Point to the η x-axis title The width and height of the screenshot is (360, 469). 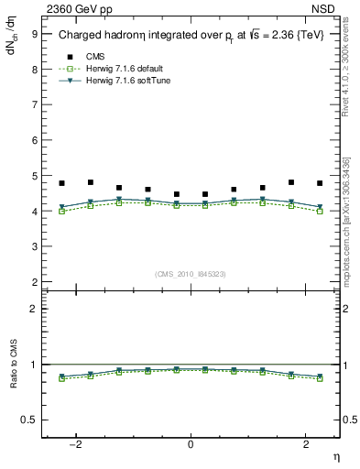pyautogui.click(x=334, y=455)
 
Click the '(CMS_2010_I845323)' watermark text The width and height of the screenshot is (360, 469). pyautogui.click(x=191, y=273)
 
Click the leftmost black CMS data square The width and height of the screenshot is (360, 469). pyautogui.click(x=61, y=183)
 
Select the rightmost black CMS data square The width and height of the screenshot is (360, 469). pyautogui.click(x=320, y=183)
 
